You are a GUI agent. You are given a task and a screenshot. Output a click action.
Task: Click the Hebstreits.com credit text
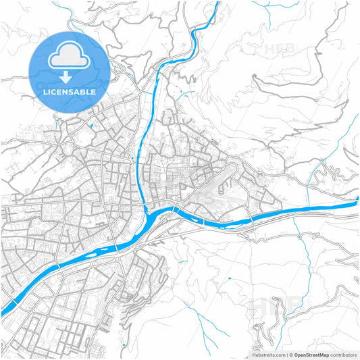click(268, 354)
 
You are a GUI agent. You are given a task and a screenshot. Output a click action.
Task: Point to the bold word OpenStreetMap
click(311, 354)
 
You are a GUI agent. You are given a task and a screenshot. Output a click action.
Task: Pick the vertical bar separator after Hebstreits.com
click(288, 354)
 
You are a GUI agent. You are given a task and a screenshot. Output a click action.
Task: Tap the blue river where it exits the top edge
click(217, 4)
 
